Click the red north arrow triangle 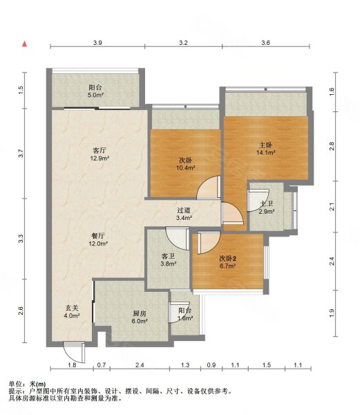pyautogui.click(x=25, y=44)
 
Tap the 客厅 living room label pyautogui.click(x=100, y=154)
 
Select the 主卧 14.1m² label pyautogui.click(x=265, y=149)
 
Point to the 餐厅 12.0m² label pyautogui.click(x=98, y=239)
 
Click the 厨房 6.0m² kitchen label pyautogui.click(x=140, y=317)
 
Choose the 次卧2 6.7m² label pyautogui.click(x=228, y=262)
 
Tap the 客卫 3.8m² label pyautogui.click(x=169, y=260)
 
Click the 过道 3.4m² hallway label pyautogui.click(x=184, y=214)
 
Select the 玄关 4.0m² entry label pyautogui.click(x=72, y=312)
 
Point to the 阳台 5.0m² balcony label pyautogui.click(x=95, y=91)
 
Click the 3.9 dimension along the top pyautogui.click(x=97, y=43)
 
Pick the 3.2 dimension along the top pyautogui.click(x=183, y=43)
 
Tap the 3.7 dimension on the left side pyautogui.click(x=21, y=154)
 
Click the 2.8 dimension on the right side pyautogui.click(x=332, y=146)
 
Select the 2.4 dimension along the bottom pyautogui.click(x=140, y=365)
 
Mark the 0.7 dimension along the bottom pyautogui.click(x=102, y=365)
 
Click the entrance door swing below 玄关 pyautogui.click(x=74, y=352)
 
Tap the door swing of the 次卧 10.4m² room pyautogui.click(x=209, y=187)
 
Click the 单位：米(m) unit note pyautogui.click(x=27, y=384)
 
